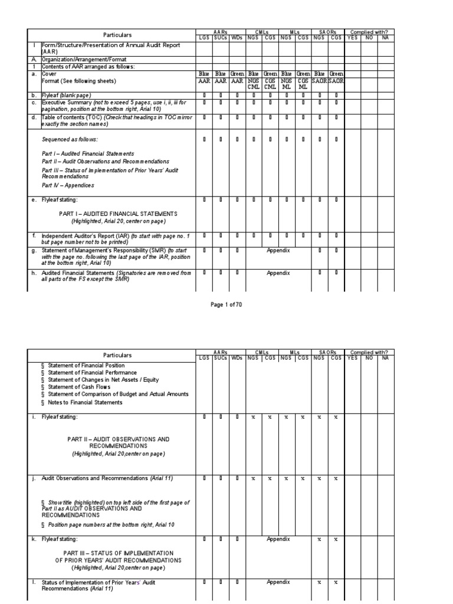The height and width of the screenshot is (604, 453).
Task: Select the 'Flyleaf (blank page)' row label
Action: tap(66, 95)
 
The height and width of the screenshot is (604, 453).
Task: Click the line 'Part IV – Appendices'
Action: tap(68, 185)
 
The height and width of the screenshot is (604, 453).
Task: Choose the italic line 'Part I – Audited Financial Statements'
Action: tap(88, 153)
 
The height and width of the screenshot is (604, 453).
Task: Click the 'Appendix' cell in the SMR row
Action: tap(278, 250)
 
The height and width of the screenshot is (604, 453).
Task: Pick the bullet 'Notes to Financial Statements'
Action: tap(86, 402)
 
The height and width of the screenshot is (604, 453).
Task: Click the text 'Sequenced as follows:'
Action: tap(70, 140)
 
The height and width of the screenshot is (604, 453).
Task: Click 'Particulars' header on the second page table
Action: tap(118, 355)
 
